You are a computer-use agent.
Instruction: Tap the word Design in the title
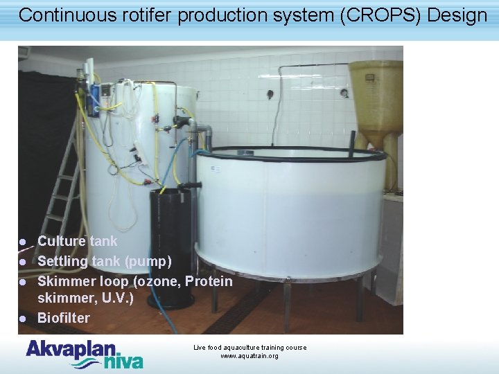tap(458, 16)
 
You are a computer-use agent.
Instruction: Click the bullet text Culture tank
tap(77, 241)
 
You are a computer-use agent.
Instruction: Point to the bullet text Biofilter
tap(63, 318)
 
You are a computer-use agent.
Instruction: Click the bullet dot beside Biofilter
tap(22, 319)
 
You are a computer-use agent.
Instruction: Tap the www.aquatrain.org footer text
tap(249, 356)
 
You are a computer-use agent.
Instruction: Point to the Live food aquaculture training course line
tap(249, 347)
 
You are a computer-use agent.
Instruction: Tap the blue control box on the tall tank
tap(106, 91)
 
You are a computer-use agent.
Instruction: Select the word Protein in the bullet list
tap(209, 281)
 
